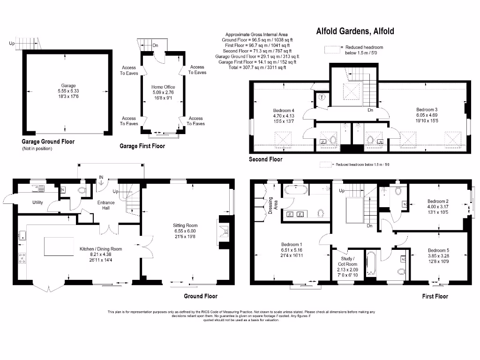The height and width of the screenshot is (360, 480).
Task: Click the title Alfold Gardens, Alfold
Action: [355, 32]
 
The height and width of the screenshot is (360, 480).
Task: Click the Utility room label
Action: [37, 202]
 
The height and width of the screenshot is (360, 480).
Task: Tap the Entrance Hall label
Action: [106, 205]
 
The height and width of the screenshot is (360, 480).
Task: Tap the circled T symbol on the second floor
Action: [322, 98]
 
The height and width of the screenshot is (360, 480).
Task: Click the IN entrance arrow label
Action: [100, 178]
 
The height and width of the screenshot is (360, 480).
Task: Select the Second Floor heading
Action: [265, 159]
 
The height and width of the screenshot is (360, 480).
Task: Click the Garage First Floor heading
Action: [142, 146]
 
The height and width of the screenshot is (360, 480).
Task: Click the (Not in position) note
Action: [38, 149]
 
